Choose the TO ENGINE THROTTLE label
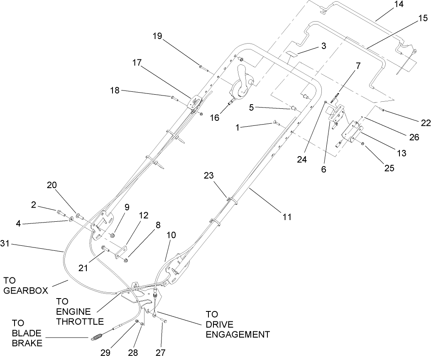[x=80, y=311]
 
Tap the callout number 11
[x=287, y=216]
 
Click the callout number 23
[x=209, y=176]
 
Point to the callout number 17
[x=137, y=63]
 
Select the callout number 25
[x=389, y=169]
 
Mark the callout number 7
[x=358, y=65]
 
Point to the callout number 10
[x=171, y=235]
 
